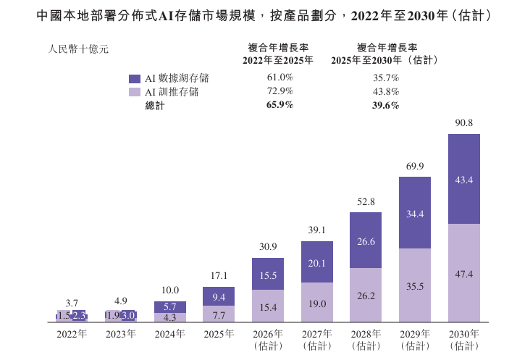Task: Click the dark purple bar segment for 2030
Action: pos(464,179)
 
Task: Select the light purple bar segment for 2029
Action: pos(415,285)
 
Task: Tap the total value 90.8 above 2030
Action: pos(464,122)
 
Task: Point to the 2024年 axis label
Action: pos(170,334)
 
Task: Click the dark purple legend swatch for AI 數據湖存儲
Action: pos(135,78)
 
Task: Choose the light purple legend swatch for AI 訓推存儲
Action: pos(135,92)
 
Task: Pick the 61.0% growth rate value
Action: pos(280,78)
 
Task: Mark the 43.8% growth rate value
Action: pos(386,91)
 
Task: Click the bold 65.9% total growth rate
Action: pos(280,105)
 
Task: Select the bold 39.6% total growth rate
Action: pos(386,105)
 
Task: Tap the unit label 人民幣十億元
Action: pos(78,49)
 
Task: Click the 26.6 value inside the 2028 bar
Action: pos(366,241)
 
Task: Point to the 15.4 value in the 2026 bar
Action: pos(268,308)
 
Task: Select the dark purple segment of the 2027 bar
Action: pos(317,261)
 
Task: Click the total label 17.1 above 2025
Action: pos(219,275)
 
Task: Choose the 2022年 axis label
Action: pos(72,334)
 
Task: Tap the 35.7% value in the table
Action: pos(386,78)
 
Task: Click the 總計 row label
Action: pos(155,106)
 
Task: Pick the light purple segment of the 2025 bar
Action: pos(219,314)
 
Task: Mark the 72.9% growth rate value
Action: pos(280,91)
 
